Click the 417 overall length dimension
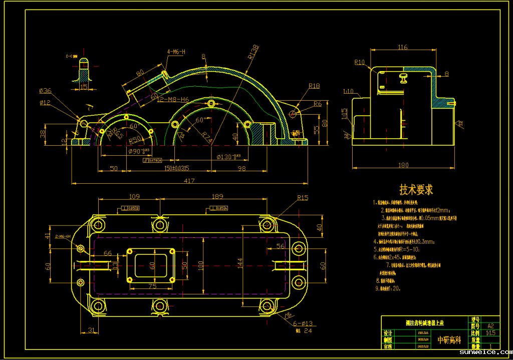[189, 181]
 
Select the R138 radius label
[253, 52]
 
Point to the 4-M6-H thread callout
[176, 52]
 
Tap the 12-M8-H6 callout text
[173, 100]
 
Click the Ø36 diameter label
[45, 91]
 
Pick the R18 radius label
[314, 86]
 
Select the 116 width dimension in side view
[402, 48]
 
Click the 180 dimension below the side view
[403, 165]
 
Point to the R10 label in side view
[360, 63]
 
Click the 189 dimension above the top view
[217, 196]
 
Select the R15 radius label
[303, 198]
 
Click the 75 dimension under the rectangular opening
[152, 286]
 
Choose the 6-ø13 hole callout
[302, 323]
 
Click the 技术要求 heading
[416, 190]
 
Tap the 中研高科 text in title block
[449, 340]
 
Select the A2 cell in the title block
[490, 325]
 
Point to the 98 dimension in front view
[242, 168]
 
